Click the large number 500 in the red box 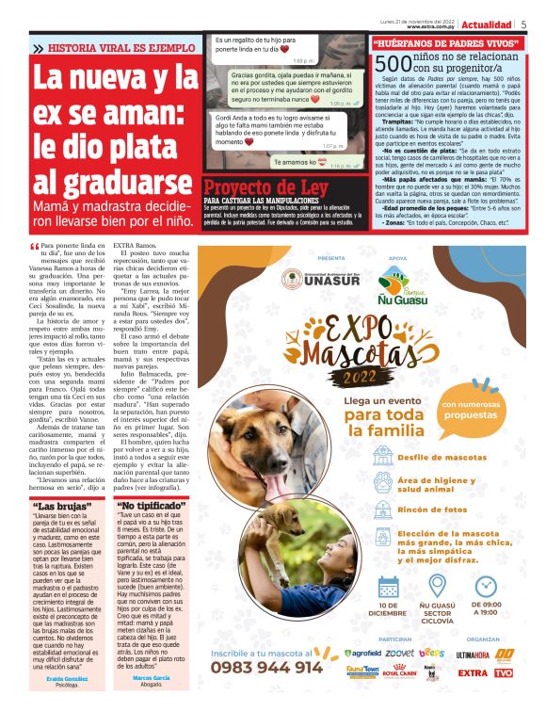[391, 62]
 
